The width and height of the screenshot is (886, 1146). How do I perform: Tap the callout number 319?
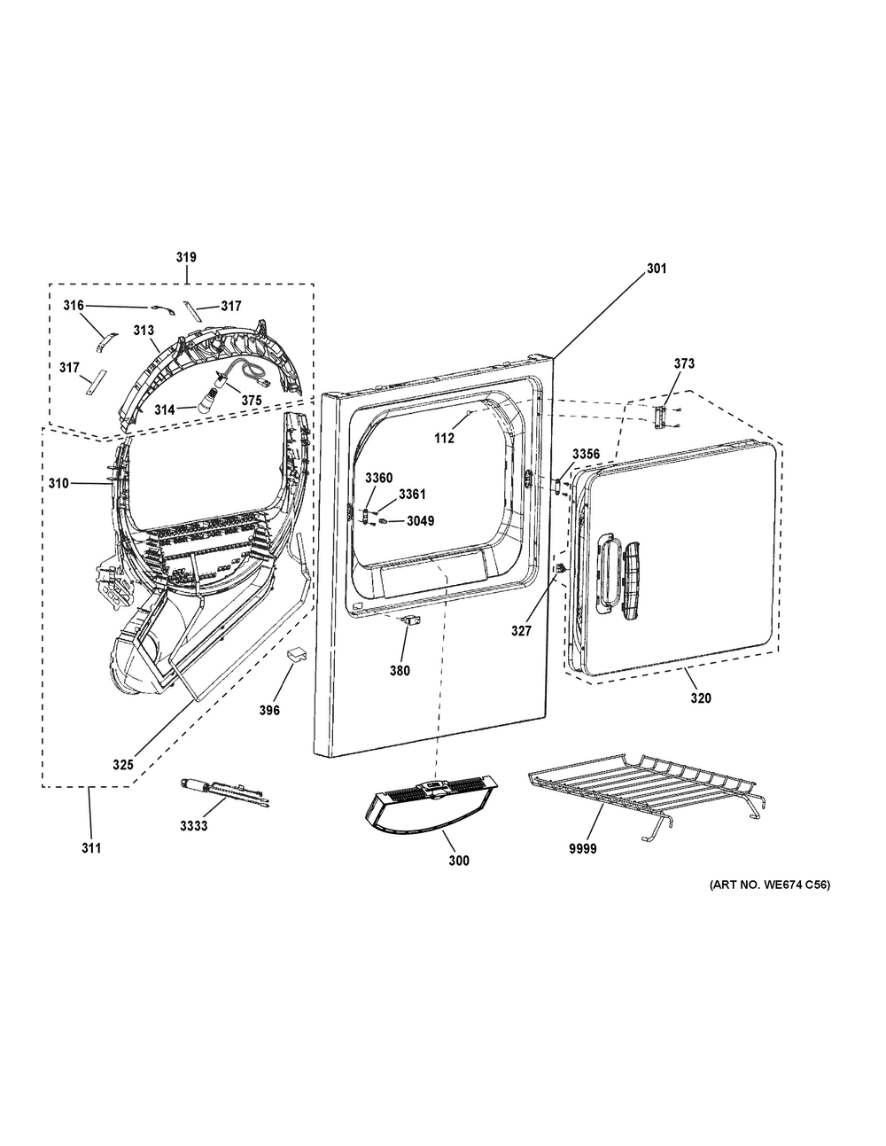pos(186,257)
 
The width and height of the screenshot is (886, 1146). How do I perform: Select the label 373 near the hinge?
pos(684,363)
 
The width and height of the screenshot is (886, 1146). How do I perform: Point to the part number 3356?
pos(587,454)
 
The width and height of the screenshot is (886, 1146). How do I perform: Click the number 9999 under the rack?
pos(582,849)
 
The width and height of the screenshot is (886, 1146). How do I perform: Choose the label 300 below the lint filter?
pos(459,861)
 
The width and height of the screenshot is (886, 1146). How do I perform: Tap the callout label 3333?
pos(194,826)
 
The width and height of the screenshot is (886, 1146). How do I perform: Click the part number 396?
pos(269,711)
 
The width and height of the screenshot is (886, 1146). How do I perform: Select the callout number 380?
pos(400,671)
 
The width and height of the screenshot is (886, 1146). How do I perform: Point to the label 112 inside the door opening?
pos(444,438)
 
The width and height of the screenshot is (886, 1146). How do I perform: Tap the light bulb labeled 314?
pos(206,402)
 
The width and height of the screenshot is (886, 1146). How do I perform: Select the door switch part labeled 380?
pos(409,621)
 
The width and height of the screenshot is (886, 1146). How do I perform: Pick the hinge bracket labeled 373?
pos(659,417)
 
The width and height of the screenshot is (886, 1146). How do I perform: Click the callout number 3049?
pos(420,521)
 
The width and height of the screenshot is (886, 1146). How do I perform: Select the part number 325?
pos(123,764)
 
